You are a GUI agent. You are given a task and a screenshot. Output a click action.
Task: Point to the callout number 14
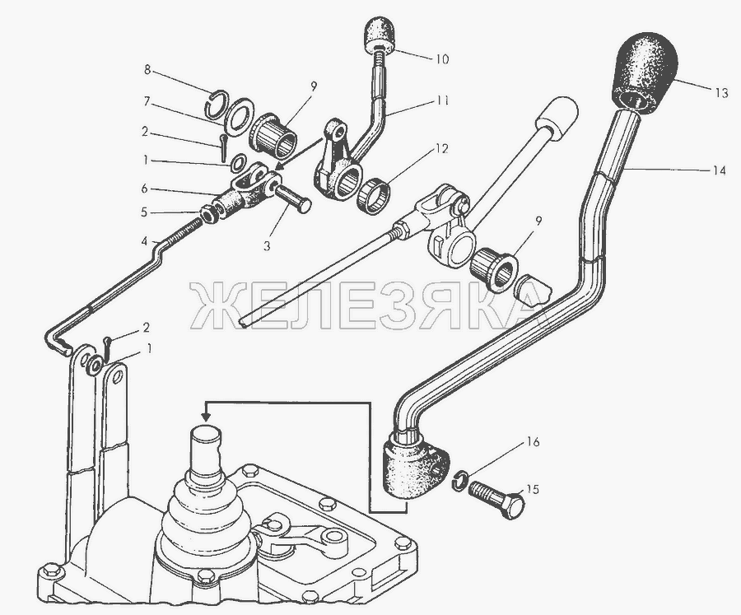tap(718, 170)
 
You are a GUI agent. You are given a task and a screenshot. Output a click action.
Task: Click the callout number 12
tap(441, 149)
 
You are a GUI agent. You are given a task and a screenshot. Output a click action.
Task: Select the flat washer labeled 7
tap(240, 117)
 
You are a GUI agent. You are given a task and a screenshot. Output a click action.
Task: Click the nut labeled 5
tap(208, 214)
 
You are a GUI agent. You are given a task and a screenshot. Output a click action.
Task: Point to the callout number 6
tap(145, 189)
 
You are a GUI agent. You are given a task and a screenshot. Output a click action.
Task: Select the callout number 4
tap(145, 242)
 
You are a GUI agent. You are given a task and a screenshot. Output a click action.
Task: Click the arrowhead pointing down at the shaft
tap(205, 416)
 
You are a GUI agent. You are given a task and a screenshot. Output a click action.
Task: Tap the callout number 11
tap(442, 100)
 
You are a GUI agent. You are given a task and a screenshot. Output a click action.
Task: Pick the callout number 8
tap(147, 70)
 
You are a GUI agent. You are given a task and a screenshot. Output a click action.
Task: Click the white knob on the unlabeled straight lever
tap(557, 117)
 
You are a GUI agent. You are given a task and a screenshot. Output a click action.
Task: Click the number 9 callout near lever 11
tap(313, 86)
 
